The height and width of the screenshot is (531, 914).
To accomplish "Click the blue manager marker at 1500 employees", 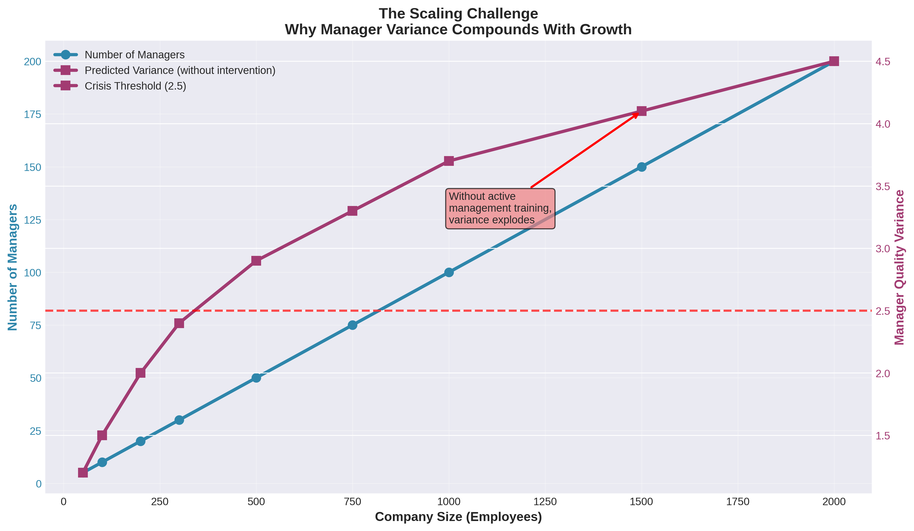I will point(641,167).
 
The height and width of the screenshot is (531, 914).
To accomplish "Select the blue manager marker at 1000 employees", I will point(449,272).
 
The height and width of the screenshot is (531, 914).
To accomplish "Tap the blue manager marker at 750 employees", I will point(352,325).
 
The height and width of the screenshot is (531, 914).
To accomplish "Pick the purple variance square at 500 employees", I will point(256,261).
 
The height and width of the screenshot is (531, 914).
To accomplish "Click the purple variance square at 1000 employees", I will point(449,161).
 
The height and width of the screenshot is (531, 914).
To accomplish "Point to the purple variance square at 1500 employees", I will point(641,111).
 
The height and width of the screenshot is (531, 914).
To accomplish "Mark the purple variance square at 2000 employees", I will point(834,61).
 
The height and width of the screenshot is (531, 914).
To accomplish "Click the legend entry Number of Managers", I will point(134,55).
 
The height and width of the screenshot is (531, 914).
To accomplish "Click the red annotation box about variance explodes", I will point(500,208).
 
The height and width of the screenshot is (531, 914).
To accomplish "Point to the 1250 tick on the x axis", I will point(545,502).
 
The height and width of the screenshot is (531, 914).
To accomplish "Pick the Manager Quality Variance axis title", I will point(899,267).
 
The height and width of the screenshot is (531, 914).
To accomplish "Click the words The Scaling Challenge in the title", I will point(458,14).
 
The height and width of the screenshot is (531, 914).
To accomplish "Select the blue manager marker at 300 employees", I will point(179,420).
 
